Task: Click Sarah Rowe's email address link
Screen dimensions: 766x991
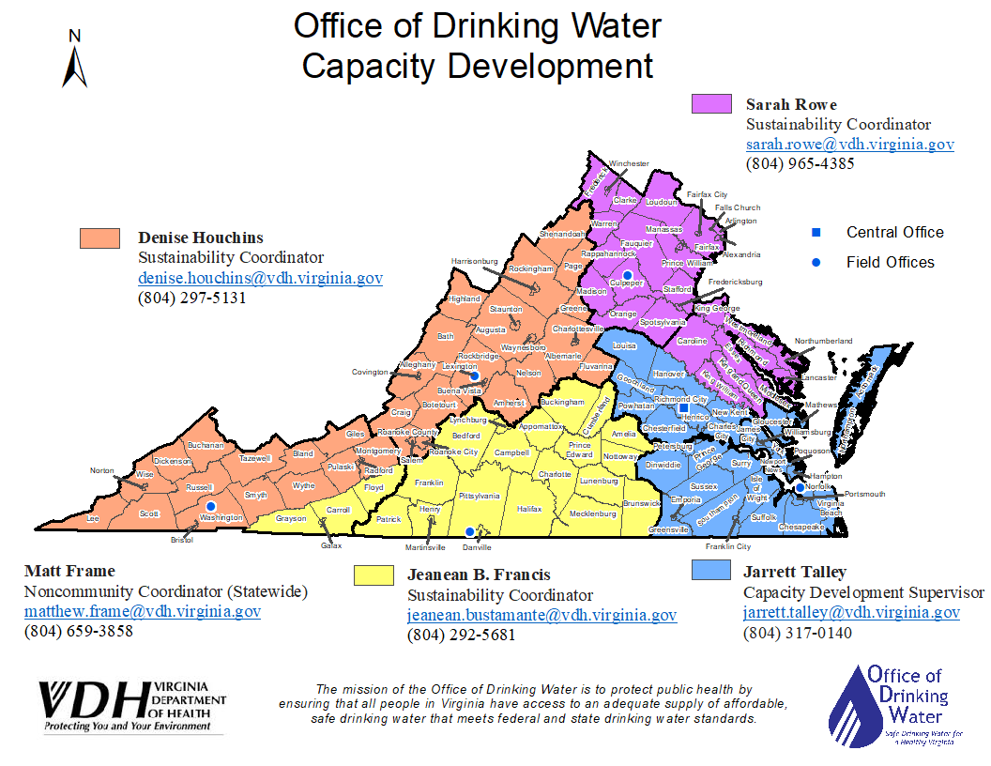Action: point(849,145)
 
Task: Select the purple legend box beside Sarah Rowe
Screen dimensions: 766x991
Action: point(711,104)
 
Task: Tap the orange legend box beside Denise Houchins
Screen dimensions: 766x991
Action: point(99,238)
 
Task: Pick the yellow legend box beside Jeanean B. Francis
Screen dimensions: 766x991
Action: point(374,575)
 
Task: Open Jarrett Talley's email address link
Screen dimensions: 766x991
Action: point(851,612)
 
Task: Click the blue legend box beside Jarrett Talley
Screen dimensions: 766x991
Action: point(710,571)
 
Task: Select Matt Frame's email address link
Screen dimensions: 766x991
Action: point(143,612)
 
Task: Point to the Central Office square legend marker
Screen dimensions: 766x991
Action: point(816,233)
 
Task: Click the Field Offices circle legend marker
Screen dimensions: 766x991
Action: point(816,263)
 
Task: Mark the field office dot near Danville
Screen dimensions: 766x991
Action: point(469,532)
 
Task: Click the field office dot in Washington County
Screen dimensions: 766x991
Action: point(210,506)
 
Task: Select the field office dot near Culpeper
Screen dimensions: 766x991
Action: point(628,274)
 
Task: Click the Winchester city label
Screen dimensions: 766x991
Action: point(628,163)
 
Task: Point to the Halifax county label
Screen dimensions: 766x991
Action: point(529,508)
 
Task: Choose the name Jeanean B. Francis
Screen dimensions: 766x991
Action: point(479,574)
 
